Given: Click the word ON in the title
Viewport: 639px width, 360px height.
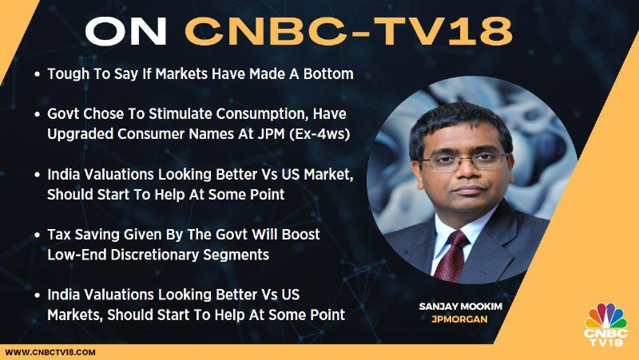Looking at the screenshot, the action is [126, 31].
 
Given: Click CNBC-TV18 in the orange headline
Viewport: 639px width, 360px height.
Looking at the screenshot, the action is [348, 31].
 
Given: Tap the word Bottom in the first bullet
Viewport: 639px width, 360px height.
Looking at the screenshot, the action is [328, 73].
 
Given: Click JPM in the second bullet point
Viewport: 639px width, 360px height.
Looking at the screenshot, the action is [271, 134].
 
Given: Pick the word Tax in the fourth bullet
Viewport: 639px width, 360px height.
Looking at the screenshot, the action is [59, 235].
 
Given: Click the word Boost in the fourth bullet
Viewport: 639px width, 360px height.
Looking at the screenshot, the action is [301, 235].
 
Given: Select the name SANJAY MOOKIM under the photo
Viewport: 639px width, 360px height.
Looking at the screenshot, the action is [461, 307].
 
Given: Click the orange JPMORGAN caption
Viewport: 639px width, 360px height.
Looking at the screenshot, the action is [460, 319].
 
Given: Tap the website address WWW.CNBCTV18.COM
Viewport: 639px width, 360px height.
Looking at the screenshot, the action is [50, 352].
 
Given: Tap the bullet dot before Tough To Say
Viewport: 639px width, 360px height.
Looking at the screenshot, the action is [38, 74].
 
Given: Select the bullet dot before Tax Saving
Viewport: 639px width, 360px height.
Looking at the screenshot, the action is [38, 235].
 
